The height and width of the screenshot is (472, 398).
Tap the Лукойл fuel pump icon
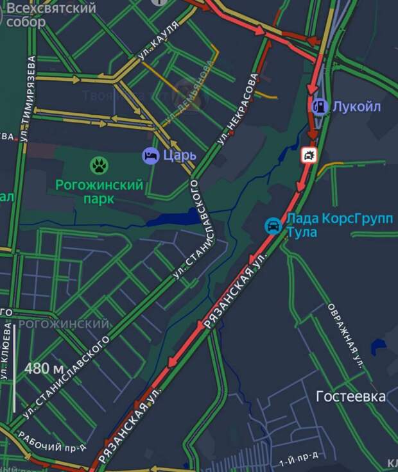[319, 106]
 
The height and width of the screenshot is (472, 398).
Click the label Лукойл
[356, 106]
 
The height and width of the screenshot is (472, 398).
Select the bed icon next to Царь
[150, 156]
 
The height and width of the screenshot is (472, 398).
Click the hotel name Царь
[179, 156]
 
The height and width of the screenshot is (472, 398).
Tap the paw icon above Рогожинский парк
[99, 165]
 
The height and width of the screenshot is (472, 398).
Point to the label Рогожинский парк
[99, 192]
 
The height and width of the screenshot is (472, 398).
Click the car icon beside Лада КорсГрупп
[273, 226]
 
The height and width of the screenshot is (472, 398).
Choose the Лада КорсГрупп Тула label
[340, 225]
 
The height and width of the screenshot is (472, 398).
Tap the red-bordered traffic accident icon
[309, 155]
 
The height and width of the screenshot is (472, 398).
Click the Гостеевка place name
[350, 397]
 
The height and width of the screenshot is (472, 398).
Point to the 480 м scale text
[44, 369]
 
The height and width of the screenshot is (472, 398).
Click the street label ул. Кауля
[157, 50]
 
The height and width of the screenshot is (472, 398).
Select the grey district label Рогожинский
[64, 324]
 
